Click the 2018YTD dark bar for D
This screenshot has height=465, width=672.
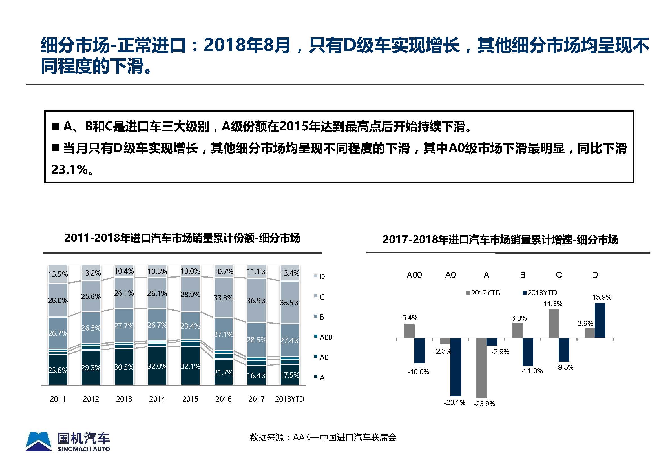[x=600, y=320]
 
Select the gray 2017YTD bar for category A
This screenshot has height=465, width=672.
[x=481, y=368]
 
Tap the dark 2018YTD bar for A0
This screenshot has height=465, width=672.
[x=456, y=367]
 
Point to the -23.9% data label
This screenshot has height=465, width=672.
[x=484, y=404]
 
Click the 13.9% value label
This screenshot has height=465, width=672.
[x=602, y=297]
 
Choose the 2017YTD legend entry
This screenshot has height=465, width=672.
[x=483, y=293]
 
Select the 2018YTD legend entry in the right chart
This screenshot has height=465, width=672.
[x=540, y=293]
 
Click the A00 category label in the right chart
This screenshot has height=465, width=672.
[x=414, y=275]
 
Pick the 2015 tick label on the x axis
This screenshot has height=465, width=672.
[x=190, y=399]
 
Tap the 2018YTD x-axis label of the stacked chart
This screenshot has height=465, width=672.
[x=289, y=399]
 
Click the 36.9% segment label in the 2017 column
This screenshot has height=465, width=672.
[x=257, y=300]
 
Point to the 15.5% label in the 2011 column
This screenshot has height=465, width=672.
[x=58, y=274]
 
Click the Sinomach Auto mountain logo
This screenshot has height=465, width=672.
[x=39, y=441]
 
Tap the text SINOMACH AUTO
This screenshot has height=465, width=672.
[x=84, y=449]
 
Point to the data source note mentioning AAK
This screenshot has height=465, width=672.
[x=322, y=437]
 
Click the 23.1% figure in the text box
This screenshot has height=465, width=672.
[x=70, y=170]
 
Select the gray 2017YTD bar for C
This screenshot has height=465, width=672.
[x=553, y=324]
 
